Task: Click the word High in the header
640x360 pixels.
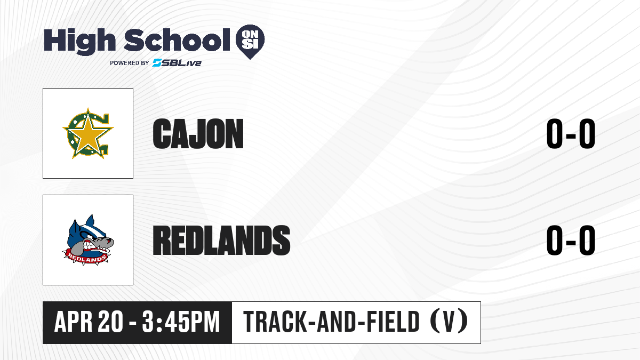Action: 79,42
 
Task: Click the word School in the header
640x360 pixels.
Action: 177,40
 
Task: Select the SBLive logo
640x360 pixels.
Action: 177,62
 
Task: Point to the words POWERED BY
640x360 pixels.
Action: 130,63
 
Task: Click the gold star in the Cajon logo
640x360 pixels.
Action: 87,133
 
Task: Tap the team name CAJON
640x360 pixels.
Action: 198,134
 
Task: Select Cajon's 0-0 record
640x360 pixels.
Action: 571,134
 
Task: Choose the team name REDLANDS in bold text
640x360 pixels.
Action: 221,241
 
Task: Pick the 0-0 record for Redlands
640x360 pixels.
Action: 571,241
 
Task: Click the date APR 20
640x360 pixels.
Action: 89,322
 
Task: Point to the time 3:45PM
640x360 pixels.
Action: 181,322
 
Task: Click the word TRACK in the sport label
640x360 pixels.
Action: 275,322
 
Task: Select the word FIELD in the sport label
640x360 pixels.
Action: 393,322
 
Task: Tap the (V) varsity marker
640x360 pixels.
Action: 449,322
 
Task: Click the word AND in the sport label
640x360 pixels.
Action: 337,322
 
